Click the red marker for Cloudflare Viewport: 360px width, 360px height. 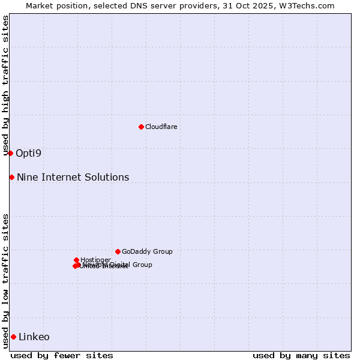click(141, 127)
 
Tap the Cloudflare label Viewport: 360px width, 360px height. click(161, 127)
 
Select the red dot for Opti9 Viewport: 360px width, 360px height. click(10, 153)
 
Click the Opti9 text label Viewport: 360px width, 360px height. click(28, 153)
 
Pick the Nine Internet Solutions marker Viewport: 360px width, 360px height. click(11, 177)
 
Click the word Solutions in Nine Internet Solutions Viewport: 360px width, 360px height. click(107, 177)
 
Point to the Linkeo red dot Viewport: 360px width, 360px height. click(13, 337)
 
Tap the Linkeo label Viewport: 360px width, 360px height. click(34, 337)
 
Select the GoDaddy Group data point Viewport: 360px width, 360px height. click(118, 251)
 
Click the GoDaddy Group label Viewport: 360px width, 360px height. click(147, 251)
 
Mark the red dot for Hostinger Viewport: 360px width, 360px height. click(76, 260)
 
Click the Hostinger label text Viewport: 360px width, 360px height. click(95, 260)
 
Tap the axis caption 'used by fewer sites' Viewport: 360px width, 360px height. click(62, 355)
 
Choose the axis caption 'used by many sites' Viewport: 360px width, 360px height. click(301, 355)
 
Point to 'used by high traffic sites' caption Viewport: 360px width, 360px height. click(5, 85)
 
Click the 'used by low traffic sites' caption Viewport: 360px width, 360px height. click(5, 281)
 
